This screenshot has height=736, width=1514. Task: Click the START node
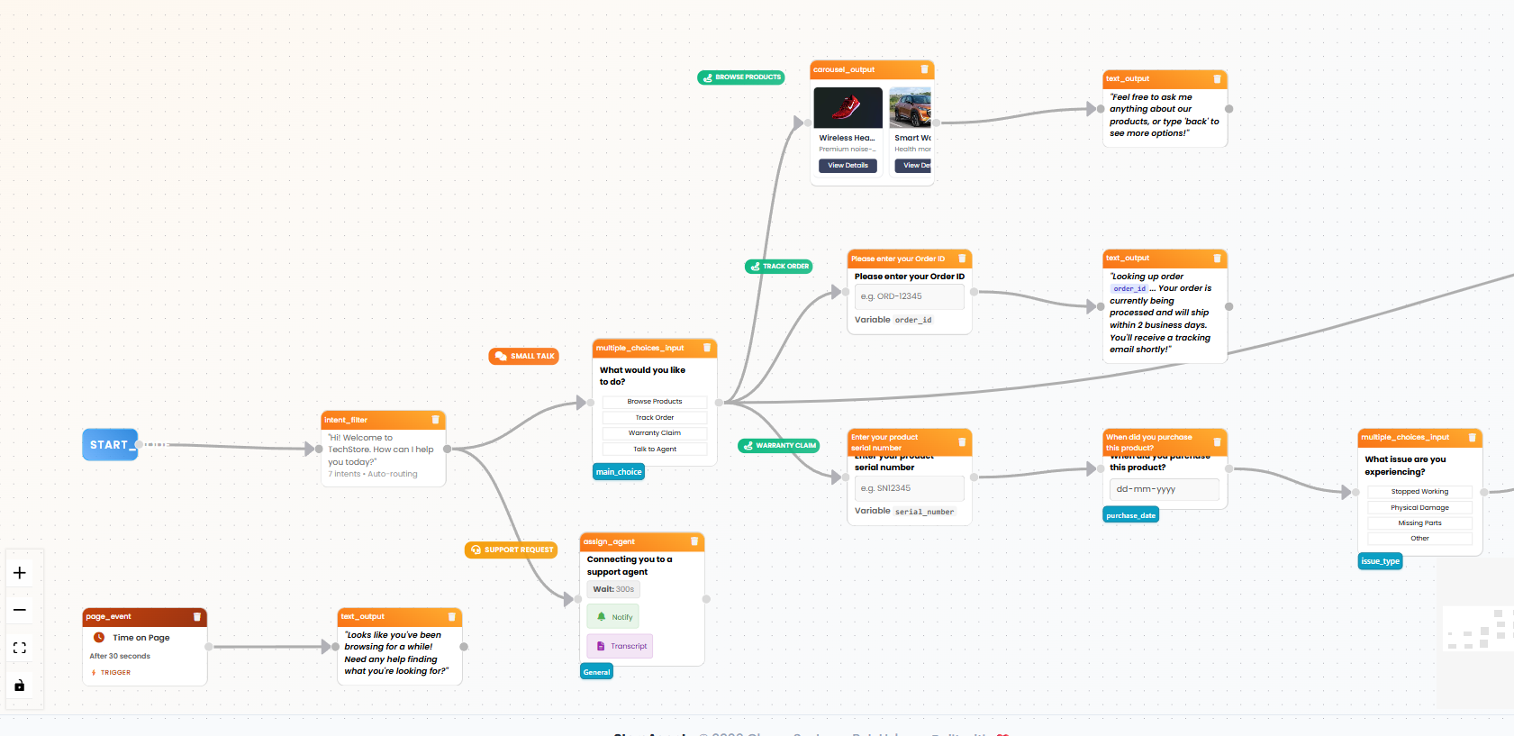click(x=110, y=444)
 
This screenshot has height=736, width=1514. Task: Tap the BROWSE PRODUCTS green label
click(x=741, y=77)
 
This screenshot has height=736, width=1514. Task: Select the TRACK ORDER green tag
click(x=779, y=267)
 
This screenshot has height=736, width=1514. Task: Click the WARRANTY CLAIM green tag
click(x=779, y=446)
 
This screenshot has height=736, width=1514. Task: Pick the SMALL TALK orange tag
click(x=524, y=357)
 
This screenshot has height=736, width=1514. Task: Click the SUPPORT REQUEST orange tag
click(x=512, y=550)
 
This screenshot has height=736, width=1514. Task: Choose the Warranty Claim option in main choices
click(x=655, y=433)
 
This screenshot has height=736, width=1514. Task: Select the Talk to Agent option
click(x=655, y=449)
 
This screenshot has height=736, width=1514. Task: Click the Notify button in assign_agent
click(x=613, y=617)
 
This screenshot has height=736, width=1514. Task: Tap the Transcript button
click(x=620, y=646)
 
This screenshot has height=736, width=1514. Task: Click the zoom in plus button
click(x=20, y=573)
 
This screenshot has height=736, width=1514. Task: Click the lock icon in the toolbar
click(x=20, y=686)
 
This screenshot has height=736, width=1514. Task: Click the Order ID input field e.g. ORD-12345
click(x=909, y=296)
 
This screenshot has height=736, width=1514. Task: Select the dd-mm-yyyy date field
click(x=1164, y=489)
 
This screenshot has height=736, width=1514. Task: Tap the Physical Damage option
click(x=1419, y=507)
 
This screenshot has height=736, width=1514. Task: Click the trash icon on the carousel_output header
click(x=924, y=69)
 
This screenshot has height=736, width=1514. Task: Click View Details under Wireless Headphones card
click(x=848, y=166)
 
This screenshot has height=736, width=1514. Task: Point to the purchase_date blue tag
click(x=1130, y=515)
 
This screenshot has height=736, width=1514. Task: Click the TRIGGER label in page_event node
click(x=114, y=673)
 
